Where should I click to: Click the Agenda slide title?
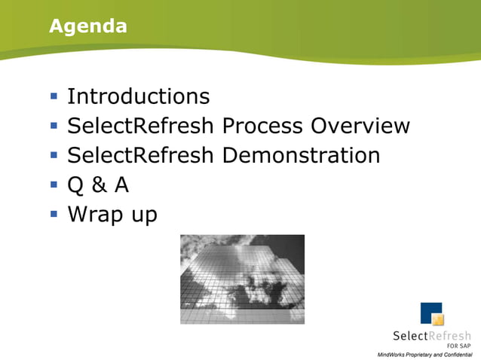point(87,27)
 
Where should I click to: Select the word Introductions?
point(138,96)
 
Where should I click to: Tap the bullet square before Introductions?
point(54,96)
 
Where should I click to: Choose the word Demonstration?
point(301,155)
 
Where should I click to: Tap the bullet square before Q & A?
point(54,185)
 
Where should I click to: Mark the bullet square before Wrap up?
point(54,214)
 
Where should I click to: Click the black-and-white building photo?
point(242,279)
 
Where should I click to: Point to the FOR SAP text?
point(458,346)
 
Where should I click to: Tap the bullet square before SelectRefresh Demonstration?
point(54,155)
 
